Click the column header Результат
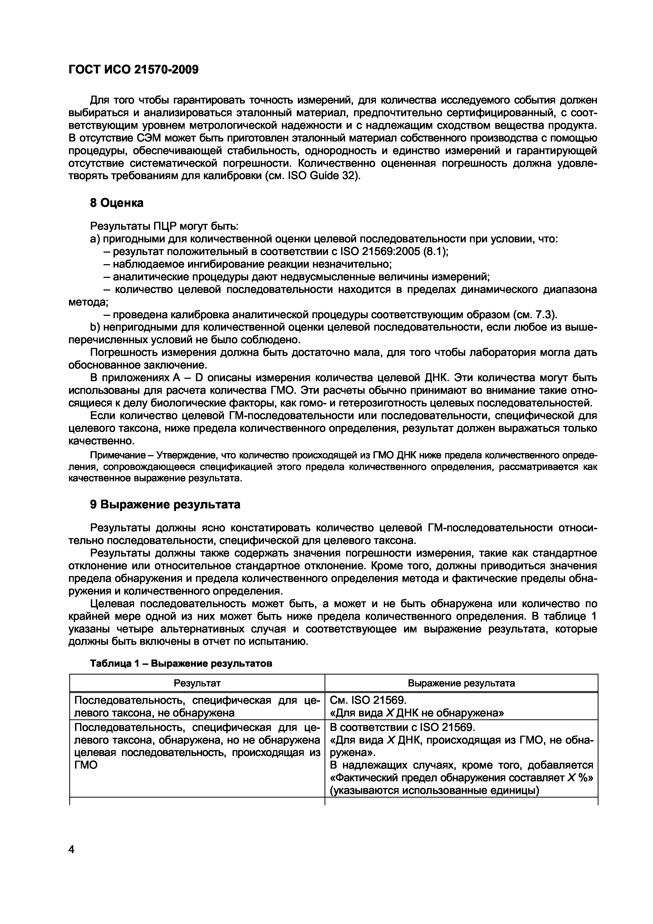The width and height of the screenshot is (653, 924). pyautogui.click(x=197, y=683)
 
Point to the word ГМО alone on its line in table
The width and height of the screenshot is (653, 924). pyautogui.click(x=86, y=765)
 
